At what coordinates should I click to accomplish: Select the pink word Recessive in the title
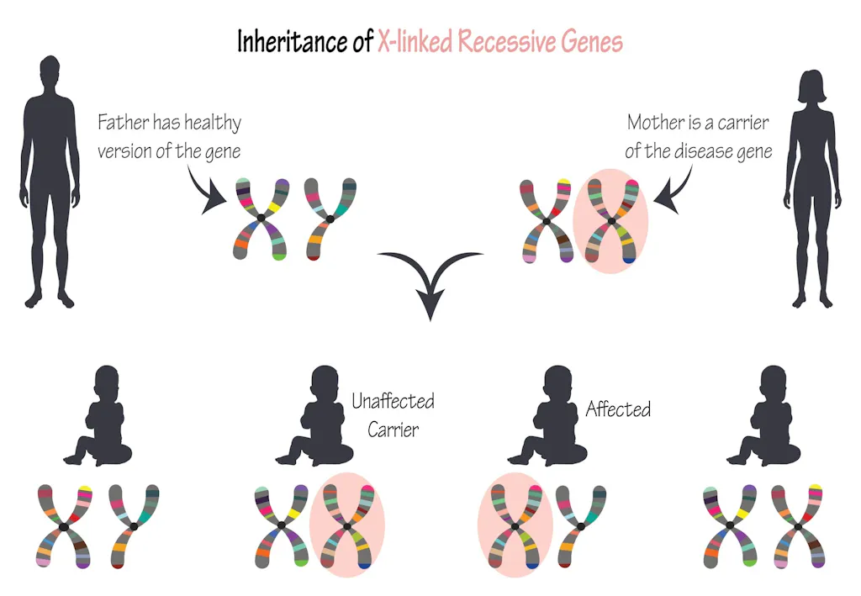tap(513, 41)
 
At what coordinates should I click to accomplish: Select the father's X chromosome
tap(261, 218)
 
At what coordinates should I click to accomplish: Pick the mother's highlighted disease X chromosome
tap(611, 221)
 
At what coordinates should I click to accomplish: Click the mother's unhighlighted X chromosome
tap(546, 221)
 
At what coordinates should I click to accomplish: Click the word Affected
tap(618, 410)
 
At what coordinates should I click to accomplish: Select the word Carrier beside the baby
tap(392, 430)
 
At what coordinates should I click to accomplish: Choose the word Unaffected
tap(393, 401)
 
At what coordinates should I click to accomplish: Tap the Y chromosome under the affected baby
tap(580, 525)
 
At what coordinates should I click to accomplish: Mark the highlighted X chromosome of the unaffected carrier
tap(347, 526)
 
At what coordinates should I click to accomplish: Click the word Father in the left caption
tap(123, 123)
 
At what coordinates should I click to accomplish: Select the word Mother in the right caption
tap(657, 123)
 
